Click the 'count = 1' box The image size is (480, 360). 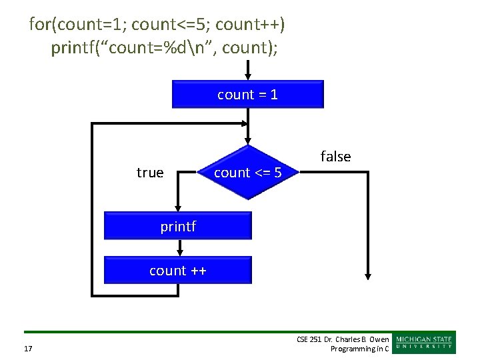point(247,94)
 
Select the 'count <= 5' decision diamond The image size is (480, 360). point(247,173)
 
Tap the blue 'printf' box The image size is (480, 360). point(178,226)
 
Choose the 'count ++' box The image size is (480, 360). point(178,271)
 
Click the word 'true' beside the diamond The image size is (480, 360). point(150,173)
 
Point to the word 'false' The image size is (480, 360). point(335,157)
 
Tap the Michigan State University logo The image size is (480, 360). point(425,342)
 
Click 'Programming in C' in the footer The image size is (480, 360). point(360,349)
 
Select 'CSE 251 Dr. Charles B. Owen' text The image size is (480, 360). point(343,339)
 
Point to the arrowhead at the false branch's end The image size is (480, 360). point(367,275)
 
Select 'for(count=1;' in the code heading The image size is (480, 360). point(77,25)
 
